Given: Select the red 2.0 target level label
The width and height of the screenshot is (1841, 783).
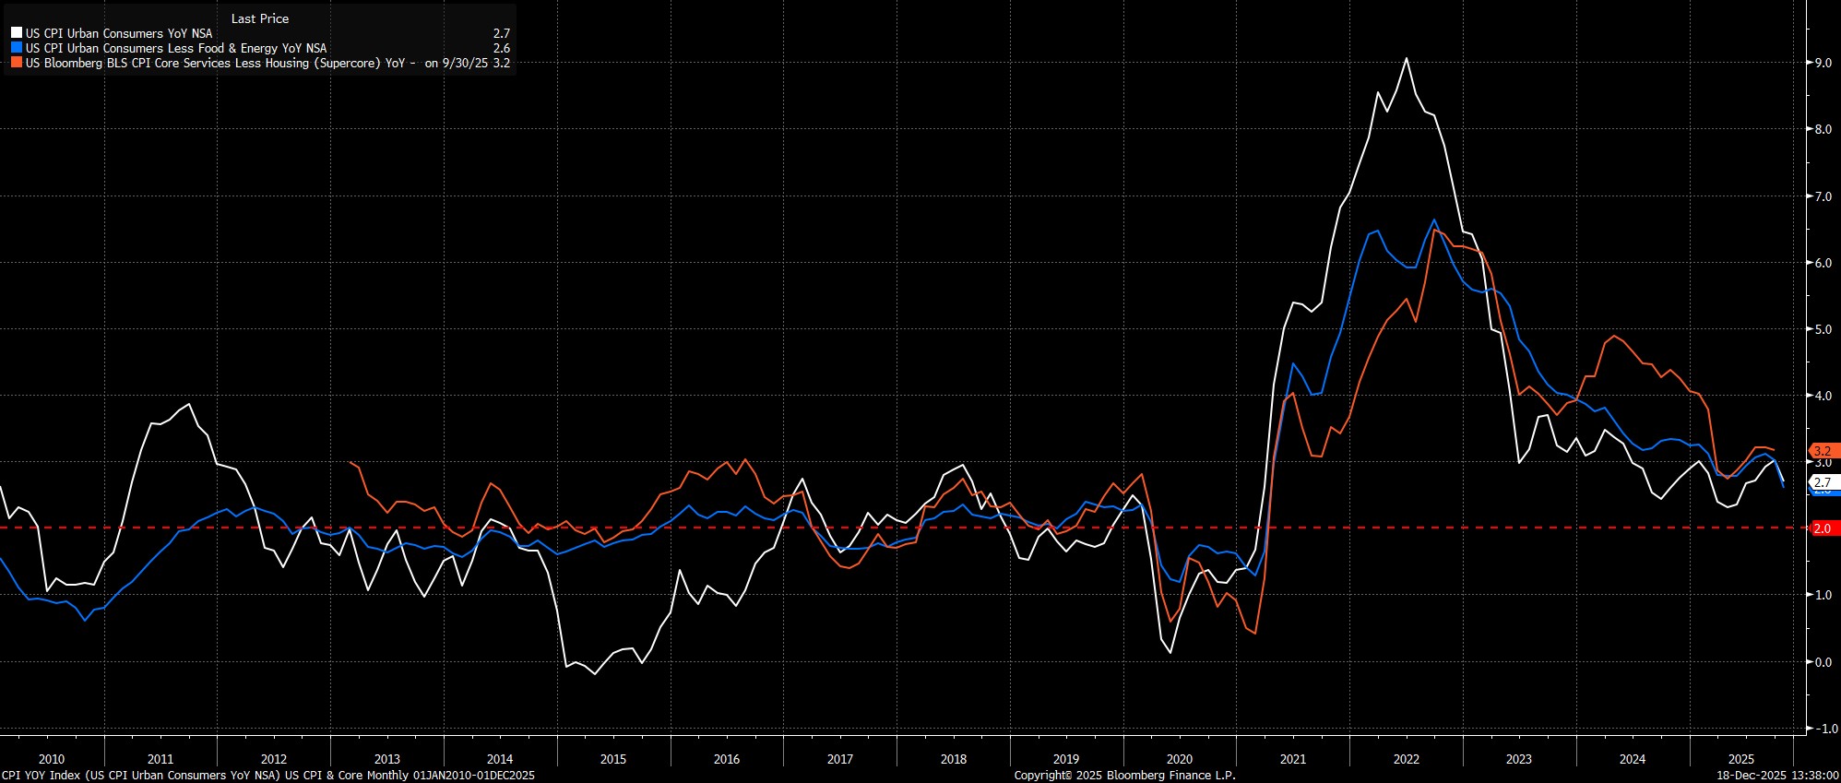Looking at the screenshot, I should tap(1822, 528).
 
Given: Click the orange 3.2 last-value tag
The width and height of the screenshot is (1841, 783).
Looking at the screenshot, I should tap(1822, 452).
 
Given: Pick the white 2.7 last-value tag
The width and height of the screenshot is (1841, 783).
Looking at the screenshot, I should tap(1822, 482).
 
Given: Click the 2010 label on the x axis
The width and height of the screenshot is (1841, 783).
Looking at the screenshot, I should tap(52, 759).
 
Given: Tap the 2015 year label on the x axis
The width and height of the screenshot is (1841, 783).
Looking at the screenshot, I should tap(613, 759).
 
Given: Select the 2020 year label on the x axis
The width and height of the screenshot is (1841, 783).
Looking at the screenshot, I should tap(1180, 759).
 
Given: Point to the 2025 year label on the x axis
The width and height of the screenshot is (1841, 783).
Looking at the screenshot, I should tap(1740, 759).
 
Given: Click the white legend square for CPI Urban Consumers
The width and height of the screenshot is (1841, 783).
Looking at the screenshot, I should tap(17, 33).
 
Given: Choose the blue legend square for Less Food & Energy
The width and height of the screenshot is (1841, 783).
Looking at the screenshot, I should tap(17, 48).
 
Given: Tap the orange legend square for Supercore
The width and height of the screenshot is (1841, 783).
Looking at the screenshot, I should tap(17, 63).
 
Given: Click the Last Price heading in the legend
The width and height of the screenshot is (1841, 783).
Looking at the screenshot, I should tap(260, 18).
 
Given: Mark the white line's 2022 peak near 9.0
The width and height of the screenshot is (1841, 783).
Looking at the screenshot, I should tap(1406, 59).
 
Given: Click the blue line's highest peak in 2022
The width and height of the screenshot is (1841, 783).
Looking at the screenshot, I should tap(1434, 219).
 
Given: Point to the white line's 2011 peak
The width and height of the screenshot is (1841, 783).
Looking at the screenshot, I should tap(189, 404).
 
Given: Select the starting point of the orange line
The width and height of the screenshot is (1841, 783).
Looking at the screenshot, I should tap(351, 462).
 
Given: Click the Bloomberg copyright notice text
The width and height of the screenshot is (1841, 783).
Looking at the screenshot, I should tap(1124, 775).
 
